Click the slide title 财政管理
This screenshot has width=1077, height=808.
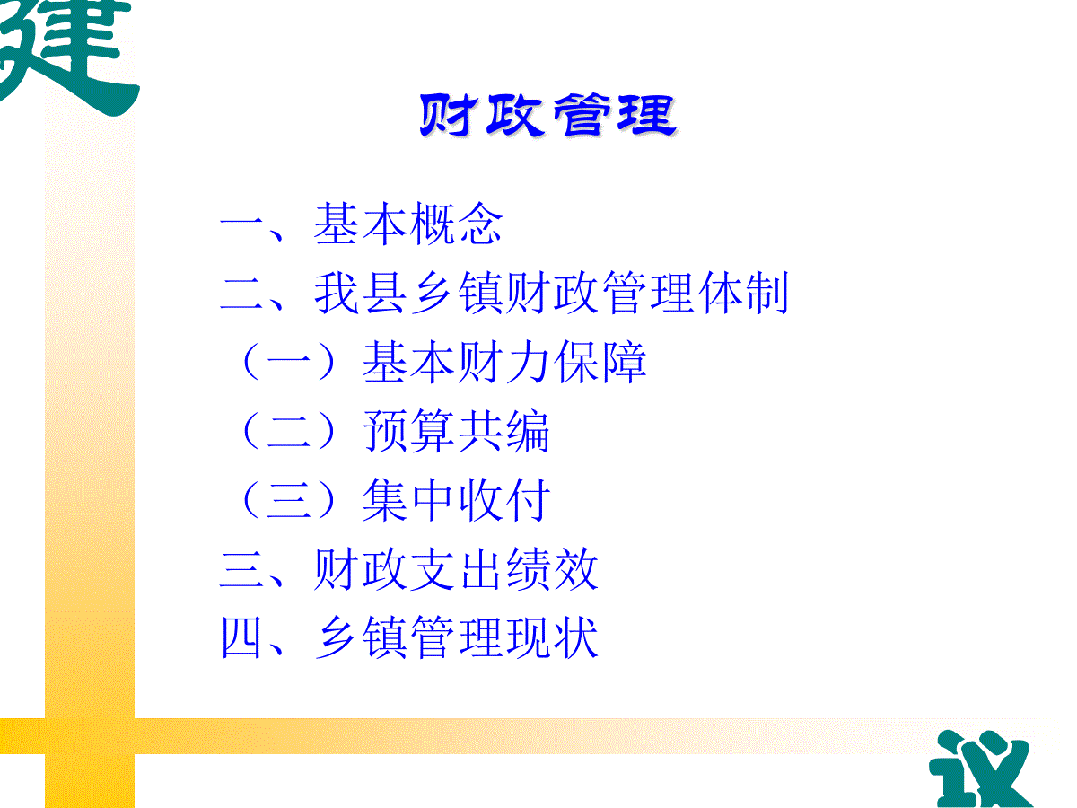point(548,115)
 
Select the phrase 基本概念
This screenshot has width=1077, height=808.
point(408,224)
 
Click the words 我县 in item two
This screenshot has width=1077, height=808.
point(361,293)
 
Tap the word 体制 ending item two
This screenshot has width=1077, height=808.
point(743,293)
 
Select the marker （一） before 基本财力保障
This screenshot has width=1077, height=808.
point(289,362)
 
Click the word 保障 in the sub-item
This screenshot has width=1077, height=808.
point(600,362)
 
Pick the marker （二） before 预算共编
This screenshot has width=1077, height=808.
point(289,431)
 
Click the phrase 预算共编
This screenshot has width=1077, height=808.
point(456,431)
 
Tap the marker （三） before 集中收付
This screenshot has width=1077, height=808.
point(289,499)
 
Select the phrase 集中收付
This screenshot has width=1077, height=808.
point(456,499)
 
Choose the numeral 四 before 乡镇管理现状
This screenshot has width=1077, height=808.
point(241,637)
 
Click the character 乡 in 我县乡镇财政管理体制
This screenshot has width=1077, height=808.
point(433,293)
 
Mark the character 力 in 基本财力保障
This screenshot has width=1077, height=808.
point(528,362)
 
